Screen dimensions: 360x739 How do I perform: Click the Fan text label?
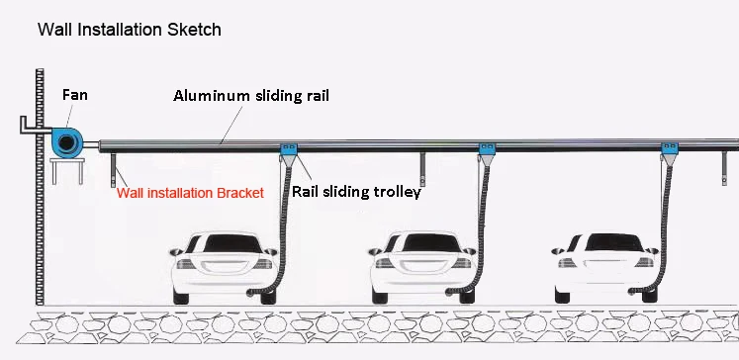[75, 95]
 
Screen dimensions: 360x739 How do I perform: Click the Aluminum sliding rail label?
[250, 96]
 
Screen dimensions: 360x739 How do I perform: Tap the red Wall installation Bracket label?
[190, 194]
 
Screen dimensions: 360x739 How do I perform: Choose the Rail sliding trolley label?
[356, 193]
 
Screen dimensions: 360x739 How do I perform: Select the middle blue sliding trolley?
[487, 152]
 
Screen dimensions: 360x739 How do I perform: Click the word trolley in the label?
[399, 193]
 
